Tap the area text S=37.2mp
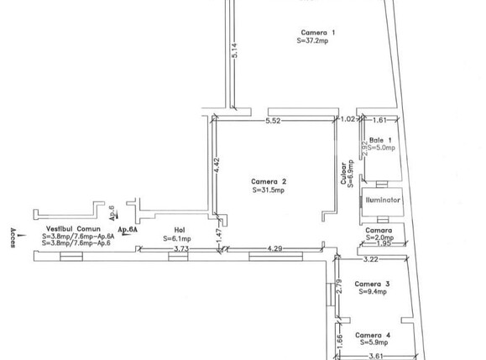coord(316,40)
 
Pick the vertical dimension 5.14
coord(236,51)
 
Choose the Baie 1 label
coord(380,139)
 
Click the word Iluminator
coord(383,201)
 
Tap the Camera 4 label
coord(372,335)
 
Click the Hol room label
coord(179,229)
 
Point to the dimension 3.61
coord(378,355)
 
